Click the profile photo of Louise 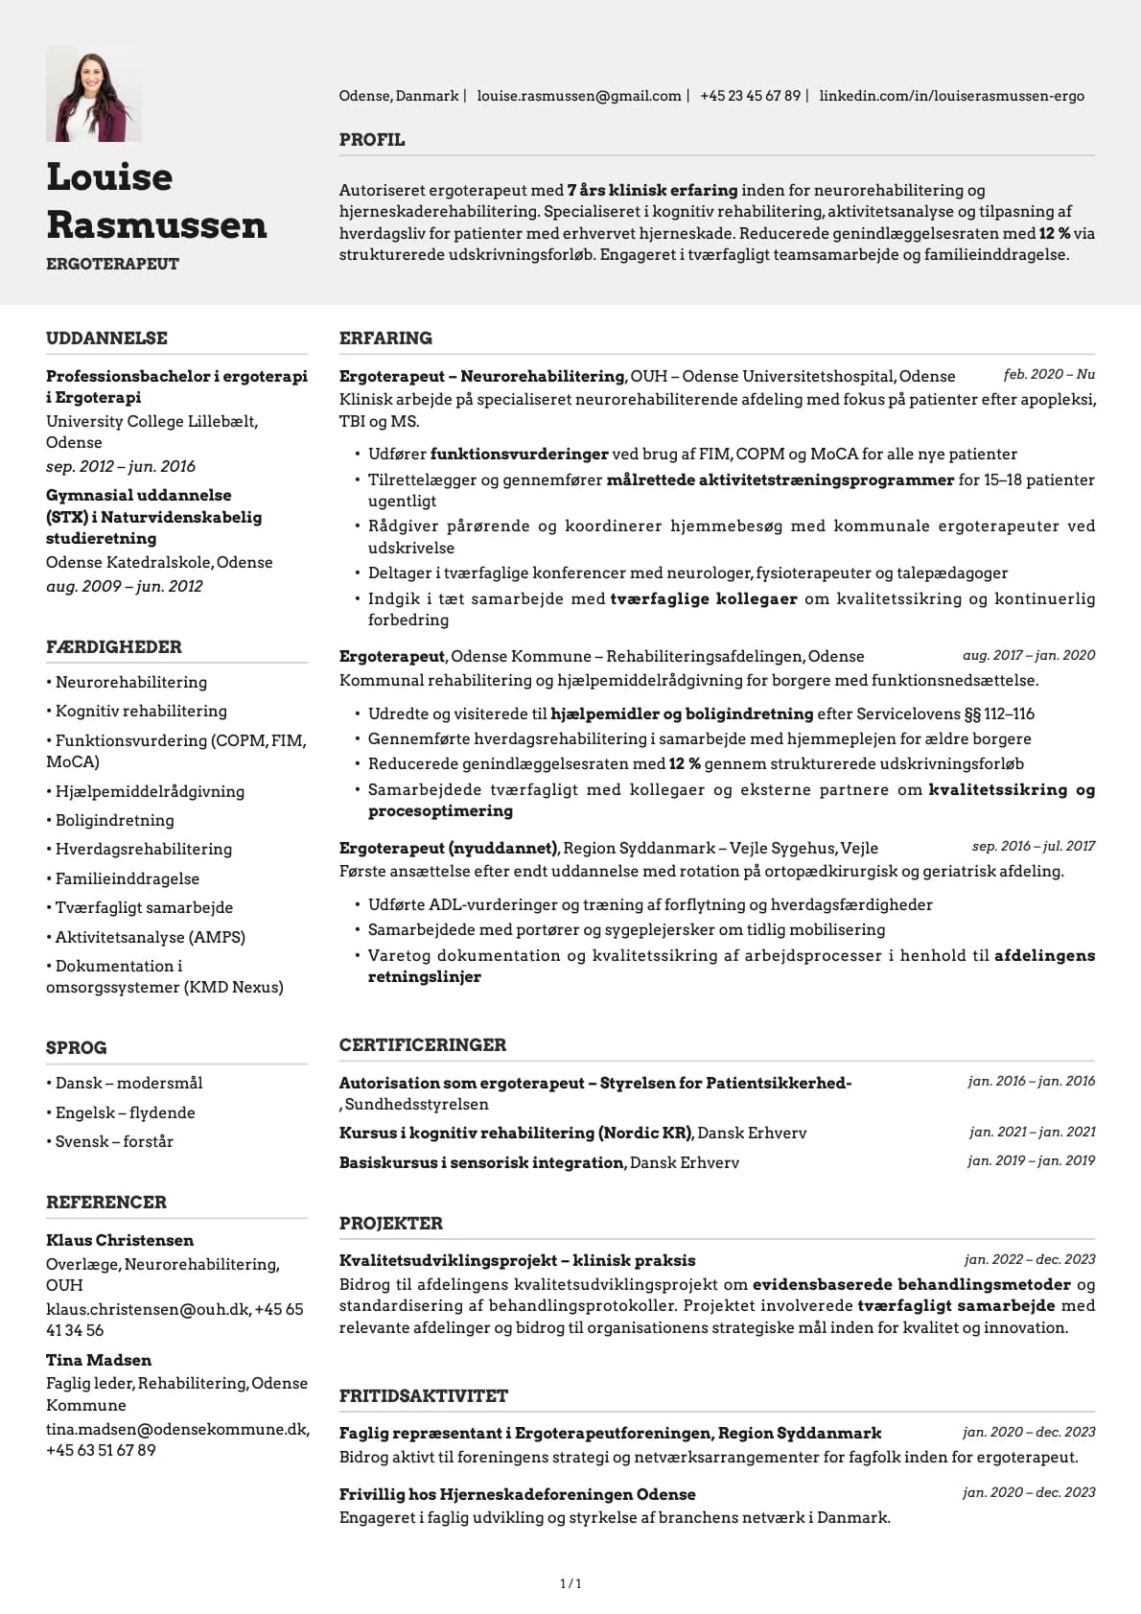93,95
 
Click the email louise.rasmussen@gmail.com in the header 578,96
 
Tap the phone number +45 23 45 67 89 750,96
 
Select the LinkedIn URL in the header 951,96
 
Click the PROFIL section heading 372,140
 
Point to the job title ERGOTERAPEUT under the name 112,264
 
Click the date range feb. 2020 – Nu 1049,374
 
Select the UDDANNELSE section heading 106,338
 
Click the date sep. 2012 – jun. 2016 121,466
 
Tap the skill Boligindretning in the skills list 114,820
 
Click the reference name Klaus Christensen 120,1240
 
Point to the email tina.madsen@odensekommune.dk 177,1429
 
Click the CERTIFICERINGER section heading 422,1044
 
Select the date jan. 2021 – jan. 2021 1032,1132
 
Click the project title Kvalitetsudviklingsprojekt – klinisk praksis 517,1260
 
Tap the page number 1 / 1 570,1583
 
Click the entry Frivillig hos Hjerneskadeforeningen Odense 517,1494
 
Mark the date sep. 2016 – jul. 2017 1033,846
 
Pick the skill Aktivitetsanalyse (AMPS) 150,937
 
